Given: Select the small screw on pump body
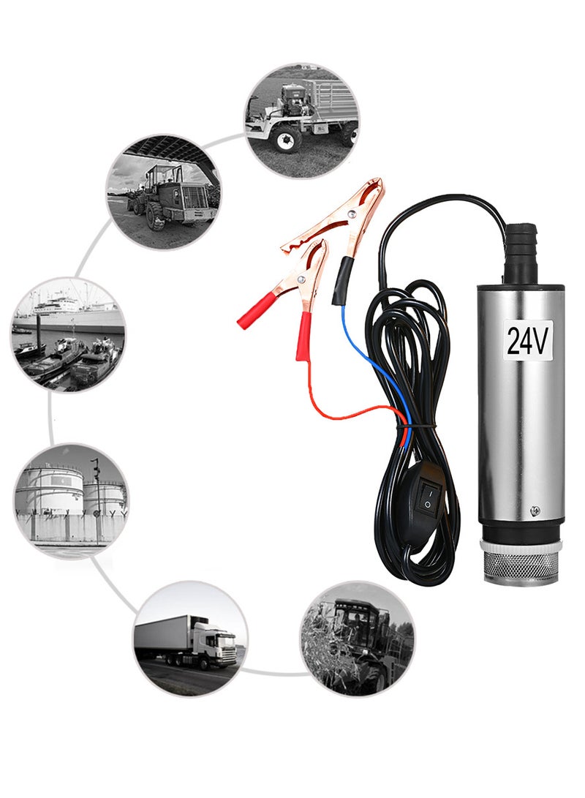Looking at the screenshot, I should point(535,509).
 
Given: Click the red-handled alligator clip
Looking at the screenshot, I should point(285,293).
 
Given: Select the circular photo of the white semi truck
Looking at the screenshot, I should point(189,638).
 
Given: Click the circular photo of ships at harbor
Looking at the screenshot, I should point(68,334).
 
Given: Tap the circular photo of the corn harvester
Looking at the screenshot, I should point(358,637).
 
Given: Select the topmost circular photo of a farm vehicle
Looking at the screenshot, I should point(301,118).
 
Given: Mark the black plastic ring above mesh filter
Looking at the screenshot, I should point(521,532).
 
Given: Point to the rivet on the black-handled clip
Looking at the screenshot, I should point(352,214).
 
